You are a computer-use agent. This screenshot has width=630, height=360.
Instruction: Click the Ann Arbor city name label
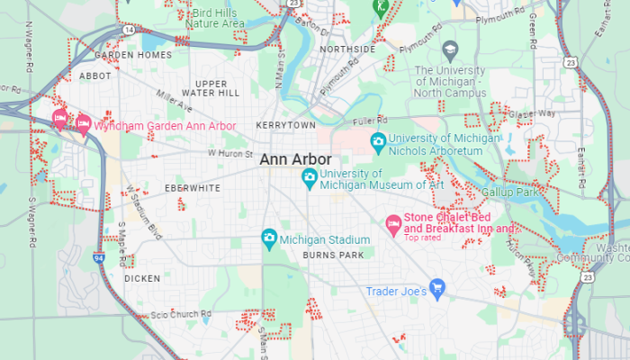click(295, 159)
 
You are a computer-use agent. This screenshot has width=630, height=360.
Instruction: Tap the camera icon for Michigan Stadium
click(268, 238)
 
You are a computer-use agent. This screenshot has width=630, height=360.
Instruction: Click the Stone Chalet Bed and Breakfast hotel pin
click(393, 222)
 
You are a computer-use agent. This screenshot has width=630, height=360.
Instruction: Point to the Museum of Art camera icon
click(310, 177)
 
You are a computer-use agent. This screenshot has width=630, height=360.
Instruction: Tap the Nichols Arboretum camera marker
click(379, 142)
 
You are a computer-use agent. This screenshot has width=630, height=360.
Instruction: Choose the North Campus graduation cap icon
click(451, 48)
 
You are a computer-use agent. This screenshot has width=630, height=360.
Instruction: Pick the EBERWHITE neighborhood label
click(192, 188)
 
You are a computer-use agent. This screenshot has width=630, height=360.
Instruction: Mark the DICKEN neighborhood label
click(142, 278)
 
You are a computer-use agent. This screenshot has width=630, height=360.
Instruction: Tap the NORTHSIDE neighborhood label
click(346, 49)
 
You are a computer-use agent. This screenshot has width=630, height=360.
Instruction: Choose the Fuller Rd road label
click(369, 120)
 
